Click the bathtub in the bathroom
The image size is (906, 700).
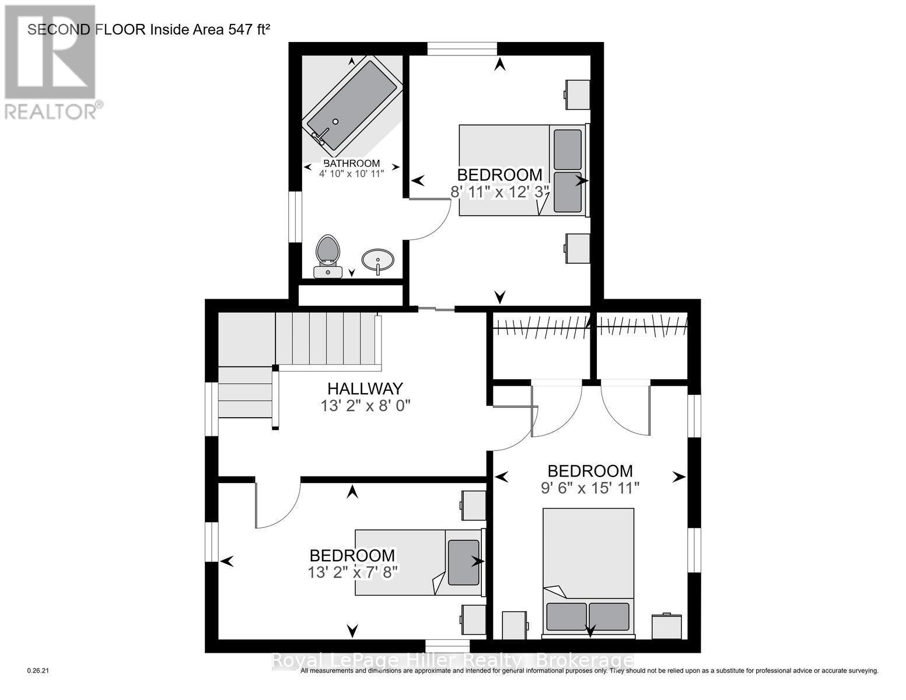pyautogui.click(x=352, y=104)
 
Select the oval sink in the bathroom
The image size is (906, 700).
pyautogui.click(x=377, y=260)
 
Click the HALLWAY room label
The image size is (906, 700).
pyautogui.click(x=365, y=388)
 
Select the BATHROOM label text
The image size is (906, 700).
pyautogui.click(x=351, y=163)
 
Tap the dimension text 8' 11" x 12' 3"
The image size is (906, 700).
pyautogui.click(x=500, y=191)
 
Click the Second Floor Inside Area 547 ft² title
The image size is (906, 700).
pyautogui.click(x=149, y=30)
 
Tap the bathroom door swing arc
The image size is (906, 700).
pyautogui.click(x=429, y=219)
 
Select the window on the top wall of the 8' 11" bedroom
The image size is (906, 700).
pyautogui.click(x=461, y=48)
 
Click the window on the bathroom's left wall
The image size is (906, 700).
pyautogui.click(x=296, y=216)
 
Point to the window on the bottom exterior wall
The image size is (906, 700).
pyautogui.click(x=447, y=646)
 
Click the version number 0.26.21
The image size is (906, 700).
pyautogui.click(x=40, y=671)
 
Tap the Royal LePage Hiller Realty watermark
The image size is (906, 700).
pyautogui.click(x=453, y=660)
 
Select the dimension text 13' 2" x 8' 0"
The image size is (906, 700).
pyautogui.click(x=366, y=406)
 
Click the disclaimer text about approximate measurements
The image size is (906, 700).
pyautogui.click(x=589, y=671)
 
